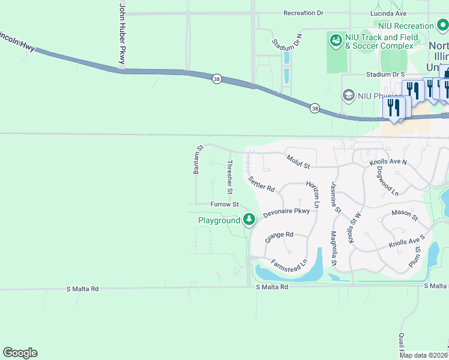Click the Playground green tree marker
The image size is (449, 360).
(x=249, y=220)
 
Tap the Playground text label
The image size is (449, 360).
(x=219, y=221)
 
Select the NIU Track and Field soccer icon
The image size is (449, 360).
(x=336, y=41)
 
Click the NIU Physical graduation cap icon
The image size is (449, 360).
(x=348, y=95)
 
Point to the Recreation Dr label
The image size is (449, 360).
(x=303, y=13)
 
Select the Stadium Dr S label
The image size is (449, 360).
(x=387, y=74)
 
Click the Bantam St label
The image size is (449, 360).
(x=197, y=160)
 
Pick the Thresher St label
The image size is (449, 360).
(x=229, y=177)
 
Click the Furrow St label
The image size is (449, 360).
(x=224, y=205)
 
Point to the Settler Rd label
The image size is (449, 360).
(x=261, y=184)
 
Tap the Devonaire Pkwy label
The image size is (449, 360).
(x=286, y=212)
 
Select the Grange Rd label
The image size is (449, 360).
(x=279, y=235)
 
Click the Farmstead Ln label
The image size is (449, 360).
(x=289, y=262)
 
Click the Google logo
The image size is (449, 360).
(x=20, y=353)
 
